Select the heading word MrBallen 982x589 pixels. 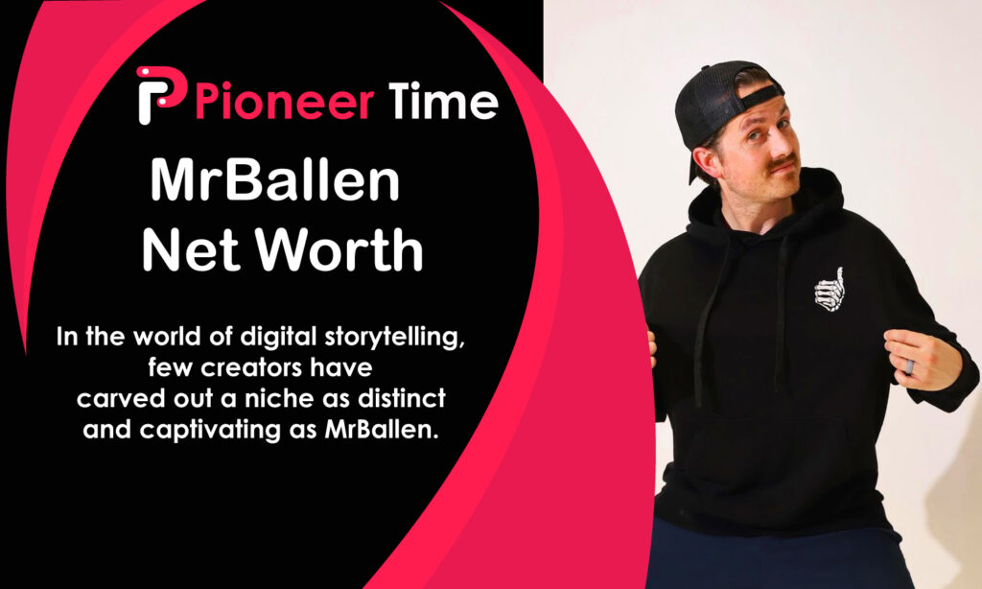tap(275, 182)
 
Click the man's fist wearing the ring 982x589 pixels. tap(919, 358)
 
